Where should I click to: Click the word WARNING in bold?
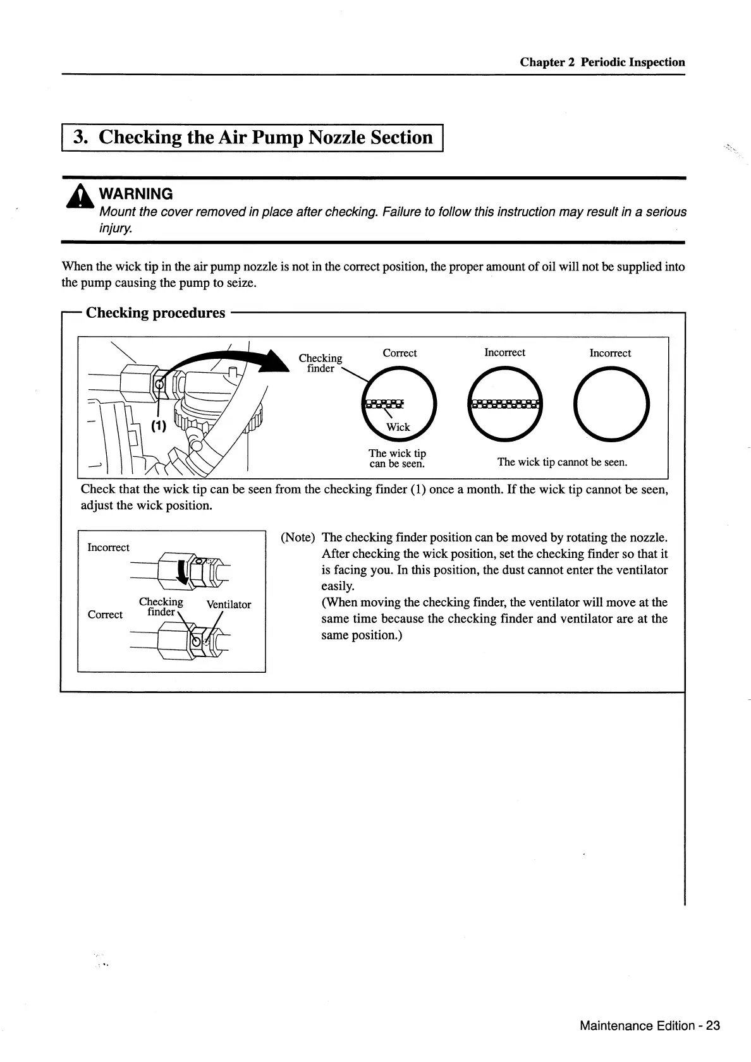pyautogui.click(x=136, y=194)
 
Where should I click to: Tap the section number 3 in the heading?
pyautogui.click(x=80, y=137)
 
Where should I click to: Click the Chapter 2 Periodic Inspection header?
pyautogui.click(x=602, y=62)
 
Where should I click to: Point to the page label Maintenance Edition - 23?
pyautogui.click(x=649, y=1025)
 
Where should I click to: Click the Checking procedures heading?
pyautogui.click(x=156, y=313)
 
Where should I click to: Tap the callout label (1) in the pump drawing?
pyautogui.click(x=158, y=426)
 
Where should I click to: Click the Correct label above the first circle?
pyautogui.click(x=400, y=353)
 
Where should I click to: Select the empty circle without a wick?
pyautogui.click(x=611, y=405)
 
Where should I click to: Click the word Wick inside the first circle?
pyautogui.click(x=398, y=427)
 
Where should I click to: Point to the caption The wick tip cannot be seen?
pyautogui.click(x=562, y=462)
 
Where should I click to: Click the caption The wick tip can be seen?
pyautogui.click(x=397, y=458)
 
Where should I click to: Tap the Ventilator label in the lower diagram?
pyautogui.click(x=229, y=605)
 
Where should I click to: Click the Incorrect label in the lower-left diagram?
pyautogui.click(x=108, y=547)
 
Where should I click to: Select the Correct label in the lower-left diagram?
pyautogui.click(x=105, y=614)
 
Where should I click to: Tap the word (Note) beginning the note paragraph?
pyautogui.click(x=298, y=538)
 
